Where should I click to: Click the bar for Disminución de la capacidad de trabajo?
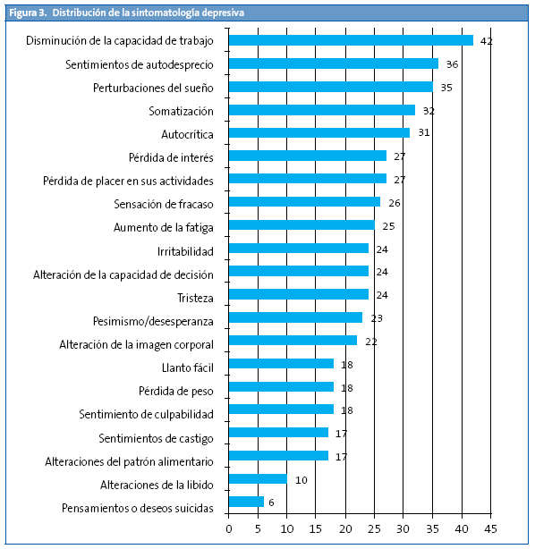point(351,40)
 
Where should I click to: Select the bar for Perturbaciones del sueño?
point(330,87)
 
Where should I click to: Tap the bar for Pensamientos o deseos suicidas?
point(246,502)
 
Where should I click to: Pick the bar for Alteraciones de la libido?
point(258,478)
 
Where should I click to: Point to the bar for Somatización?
point(322,110)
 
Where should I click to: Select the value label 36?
point(452,64)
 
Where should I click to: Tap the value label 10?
point(301,479)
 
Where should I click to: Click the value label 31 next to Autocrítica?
point(423,133)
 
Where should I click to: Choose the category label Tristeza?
point(191,297)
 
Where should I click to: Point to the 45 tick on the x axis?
point(490,529)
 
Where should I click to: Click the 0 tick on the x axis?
point(229,529)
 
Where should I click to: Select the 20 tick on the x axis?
point(345,529)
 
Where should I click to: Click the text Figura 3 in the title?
point(28,13)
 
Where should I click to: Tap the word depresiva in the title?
point(218,13)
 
